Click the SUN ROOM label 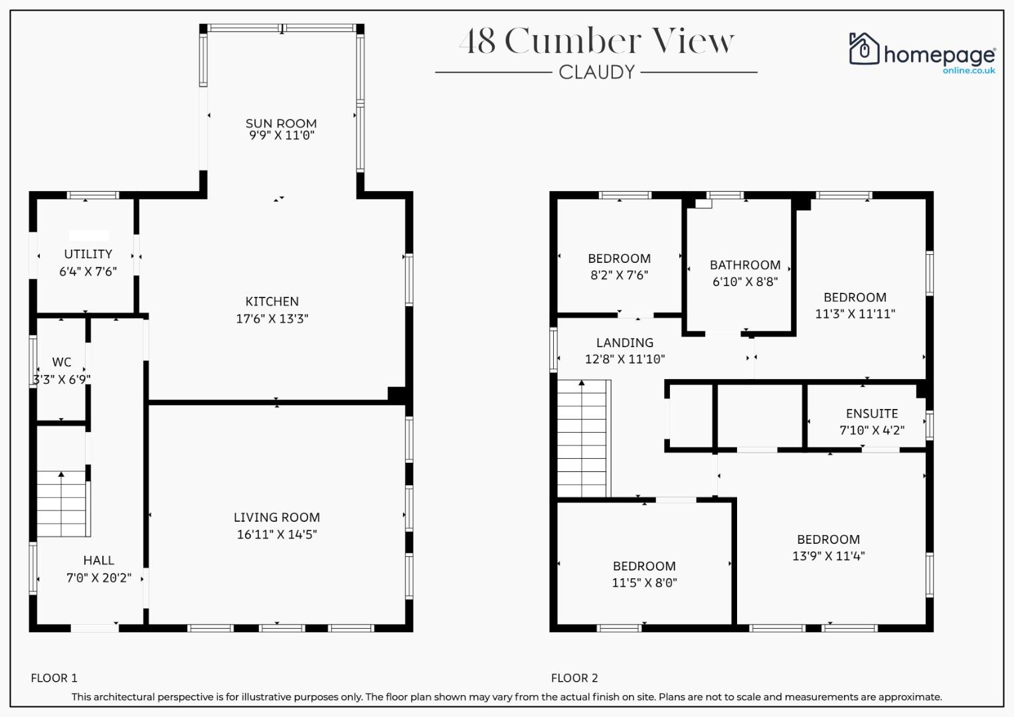pos(281,123)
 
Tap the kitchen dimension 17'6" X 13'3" pos(272,319)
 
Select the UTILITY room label pos(88,254)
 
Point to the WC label pos(62,362)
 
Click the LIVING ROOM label pos(277,517)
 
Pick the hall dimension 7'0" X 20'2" pos(99,578)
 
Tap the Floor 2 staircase pos(584,439)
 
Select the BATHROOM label pos(745,265)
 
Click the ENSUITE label pos(872,414)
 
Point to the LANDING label pos(625,343)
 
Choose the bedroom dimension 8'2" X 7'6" pos(620,276)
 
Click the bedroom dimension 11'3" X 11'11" pos(855,313)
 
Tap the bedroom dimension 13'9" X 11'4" pos(829,556)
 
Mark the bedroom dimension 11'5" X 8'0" pos(644,583)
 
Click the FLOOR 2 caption pos(574,678)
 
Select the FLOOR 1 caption pos(54,678)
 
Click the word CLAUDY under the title pos(596,72)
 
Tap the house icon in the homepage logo pos(864,48)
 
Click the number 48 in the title pos(479,41)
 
